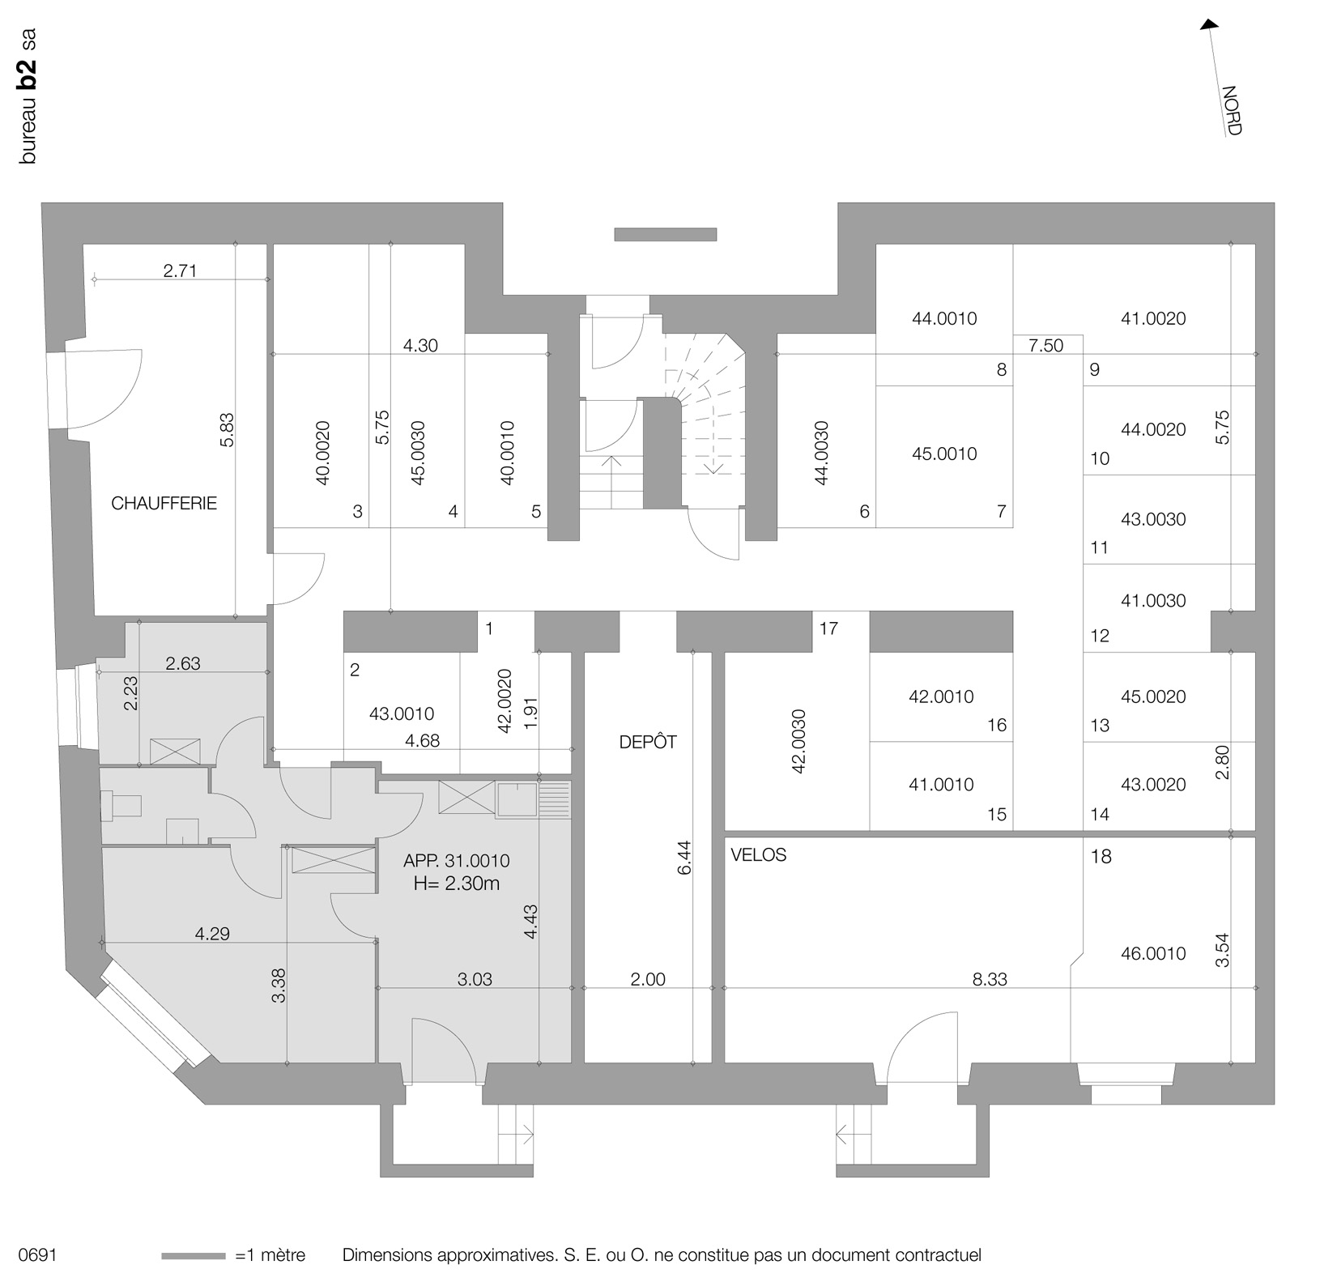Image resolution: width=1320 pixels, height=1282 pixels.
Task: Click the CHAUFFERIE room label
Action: coord(164,504)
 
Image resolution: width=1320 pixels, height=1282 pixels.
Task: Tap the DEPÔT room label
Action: coord(647,742)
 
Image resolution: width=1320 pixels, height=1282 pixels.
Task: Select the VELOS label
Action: coord(758,855)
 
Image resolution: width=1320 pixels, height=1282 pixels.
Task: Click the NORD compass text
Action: coord(1231,110)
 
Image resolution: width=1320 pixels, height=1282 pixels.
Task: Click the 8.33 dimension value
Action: coord(989,980)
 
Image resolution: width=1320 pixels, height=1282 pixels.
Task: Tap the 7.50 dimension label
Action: coord(1045,346)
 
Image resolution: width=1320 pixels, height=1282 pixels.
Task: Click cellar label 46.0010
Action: coord(1153,954)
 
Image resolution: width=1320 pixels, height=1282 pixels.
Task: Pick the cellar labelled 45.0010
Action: coord(944,454)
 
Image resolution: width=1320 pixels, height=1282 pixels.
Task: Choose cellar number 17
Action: coord(828,628)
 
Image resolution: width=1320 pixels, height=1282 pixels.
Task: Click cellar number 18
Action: coord(1101,857)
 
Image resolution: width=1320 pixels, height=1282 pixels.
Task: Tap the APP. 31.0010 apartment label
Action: coord(457,862)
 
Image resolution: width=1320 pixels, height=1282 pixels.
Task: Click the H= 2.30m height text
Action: coord(457,884)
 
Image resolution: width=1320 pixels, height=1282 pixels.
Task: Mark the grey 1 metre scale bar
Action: coord(194,1256)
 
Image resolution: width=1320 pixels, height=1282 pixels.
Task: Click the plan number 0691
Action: coord(37,1256)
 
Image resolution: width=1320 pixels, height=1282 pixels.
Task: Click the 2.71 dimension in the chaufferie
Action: coord(180,271)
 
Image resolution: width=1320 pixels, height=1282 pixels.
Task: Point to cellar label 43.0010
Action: coord(401,714)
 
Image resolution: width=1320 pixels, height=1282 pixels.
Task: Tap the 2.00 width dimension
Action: coord(648,980)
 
